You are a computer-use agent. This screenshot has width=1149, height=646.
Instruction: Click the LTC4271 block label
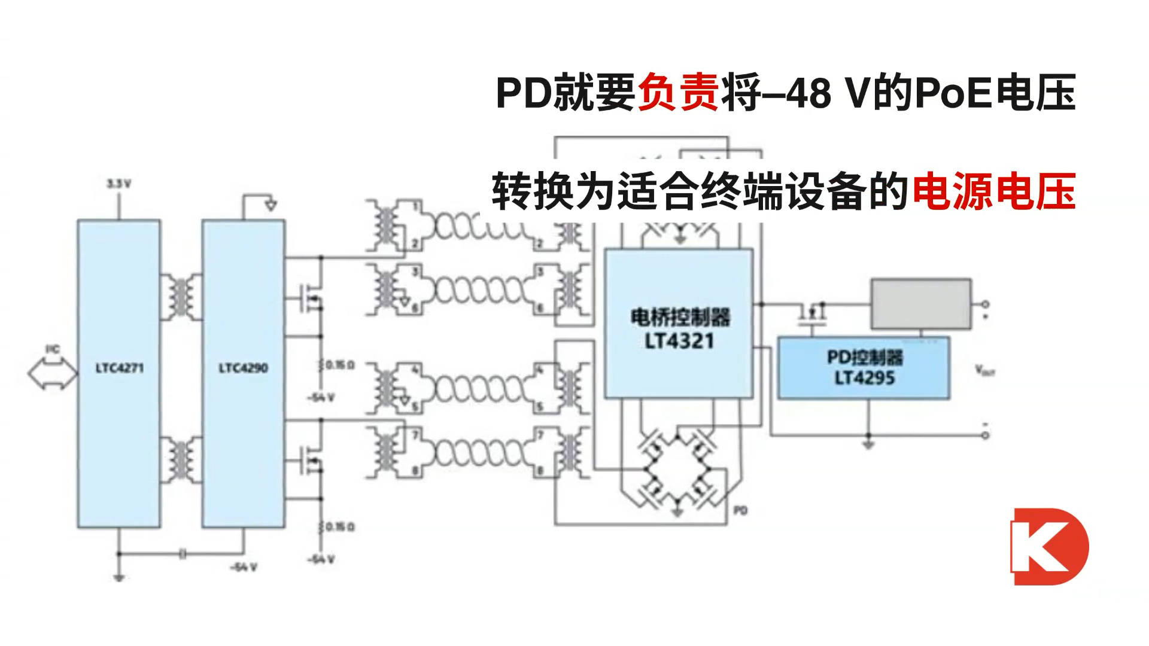pos(119,368)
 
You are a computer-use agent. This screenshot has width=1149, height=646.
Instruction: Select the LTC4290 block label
pos(243,368)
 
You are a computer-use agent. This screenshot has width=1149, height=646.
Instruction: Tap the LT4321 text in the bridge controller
pos(679,342)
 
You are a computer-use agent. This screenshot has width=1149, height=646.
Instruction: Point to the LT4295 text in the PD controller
pos(865,377)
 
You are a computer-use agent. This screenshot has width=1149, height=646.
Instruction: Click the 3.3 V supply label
pos(118,184)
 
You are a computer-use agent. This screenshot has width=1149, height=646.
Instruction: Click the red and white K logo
pos(1048,546)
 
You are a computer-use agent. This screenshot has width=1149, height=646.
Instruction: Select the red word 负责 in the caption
pos(678,94)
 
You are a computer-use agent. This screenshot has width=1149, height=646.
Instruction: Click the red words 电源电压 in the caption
pos(993,191)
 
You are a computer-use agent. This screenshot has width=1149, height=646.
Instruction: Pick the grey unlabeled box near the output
pos(920,303)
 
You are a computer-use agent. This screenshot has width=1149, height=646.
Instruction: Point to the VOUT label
pos(985,371)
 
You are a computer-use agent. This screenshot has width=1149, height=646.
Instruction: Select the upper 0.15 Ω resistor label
pos(339,364)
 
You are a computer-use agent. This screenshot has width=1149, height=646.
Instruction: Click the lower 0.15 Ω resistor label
pos(339,527)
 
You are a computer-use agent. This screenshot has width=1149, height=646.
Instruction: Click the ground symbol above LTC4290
pos(270,205)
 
